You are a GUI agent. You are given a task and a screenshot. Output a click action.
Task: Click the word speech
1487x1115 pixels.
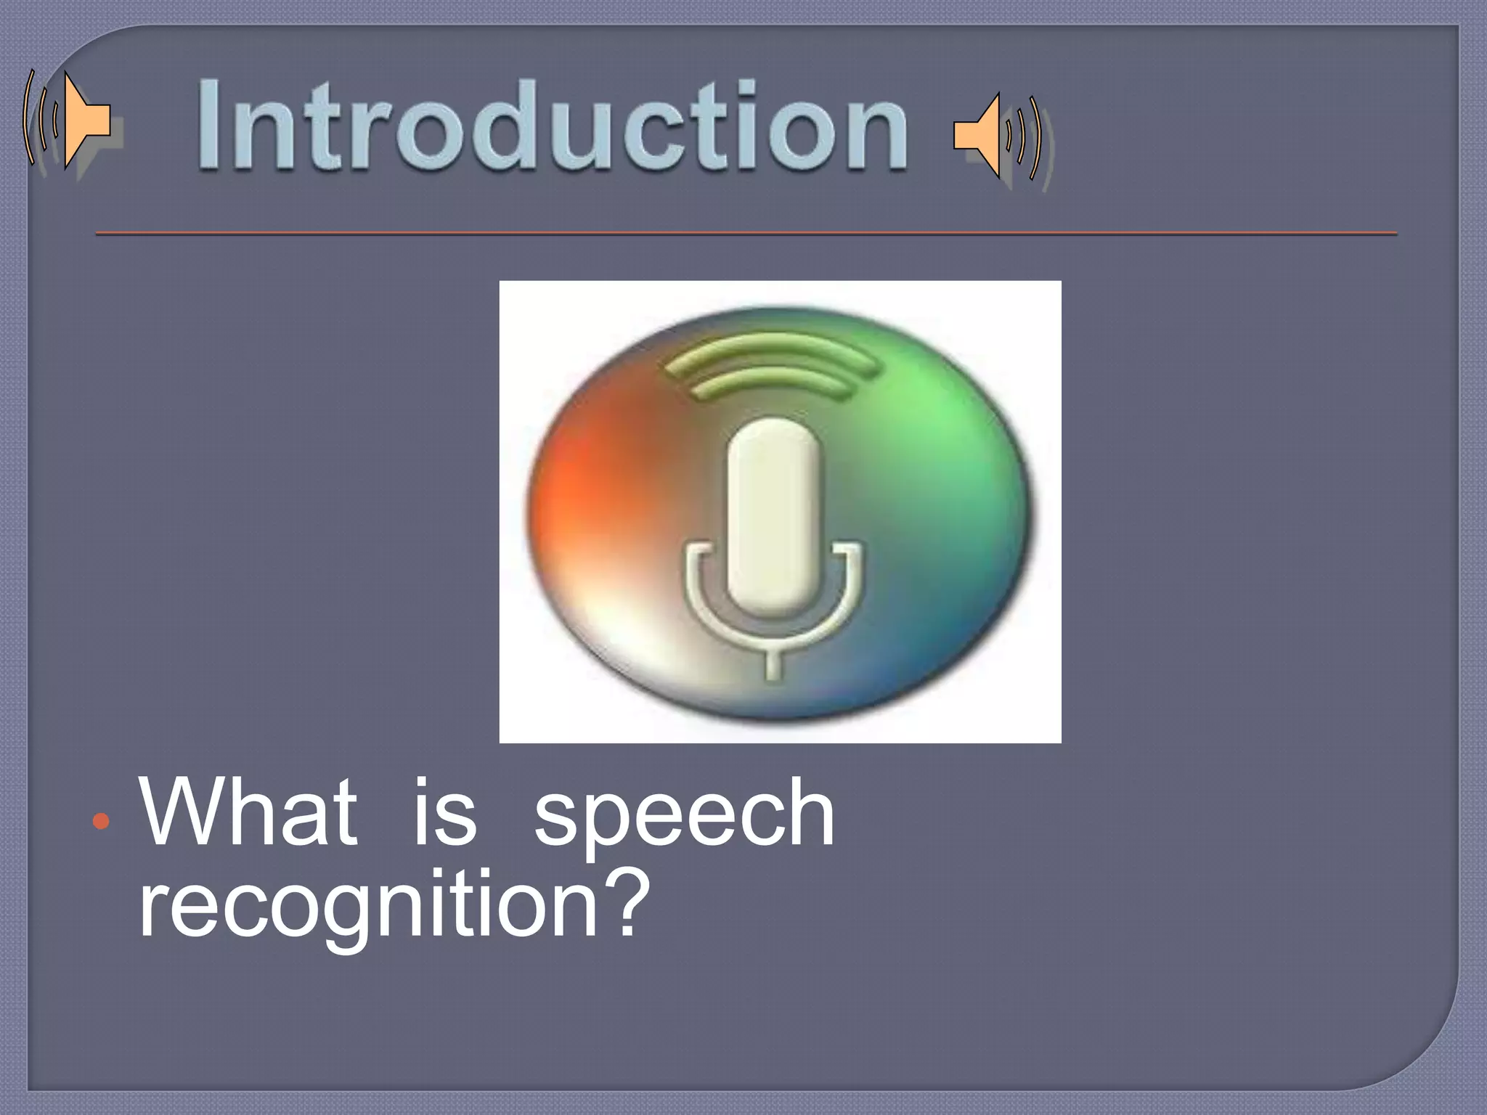(684, 817)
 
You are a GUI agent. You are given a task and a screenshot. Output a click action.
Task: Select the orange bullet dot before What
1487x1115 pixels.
(102, 821)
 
